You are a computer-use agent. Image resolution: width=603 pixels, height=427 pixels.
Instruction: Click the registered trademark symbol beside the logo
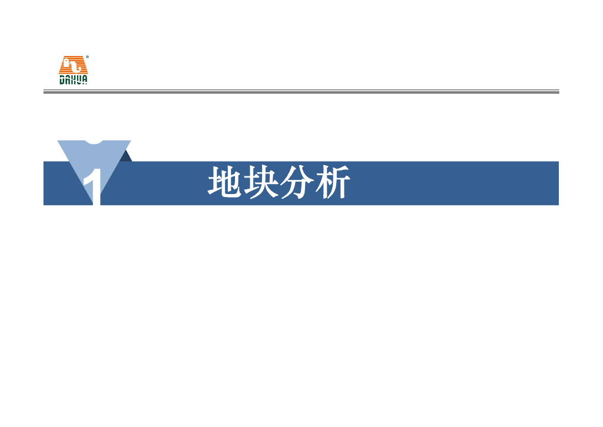point(87,57)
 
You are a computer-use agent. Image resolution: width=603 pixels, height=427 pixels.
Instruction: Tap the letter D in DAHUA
point(62,81)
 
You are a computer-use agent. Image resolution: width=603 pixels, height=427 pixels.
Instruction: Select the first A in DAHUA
point(68,81)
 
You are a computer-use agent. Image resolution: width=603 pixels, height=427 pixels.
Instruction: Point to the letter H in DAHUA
point(74,81)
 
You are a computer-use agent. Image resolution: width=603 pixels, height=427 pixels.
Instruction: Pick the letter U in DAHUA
point(79,81)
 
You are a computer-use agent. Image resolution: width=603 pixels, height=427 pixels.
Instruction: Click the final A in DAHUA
point(85,81)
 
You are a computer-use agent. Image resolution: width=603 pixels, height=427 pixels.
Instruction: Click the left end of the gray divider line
point(45,91)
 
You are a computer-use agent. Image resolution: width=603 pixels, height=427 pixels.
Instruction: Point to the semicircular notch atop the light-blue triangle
point(94,142)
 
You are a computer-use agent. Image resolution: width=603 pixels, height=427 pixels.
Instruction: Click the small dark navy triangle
point(126,156)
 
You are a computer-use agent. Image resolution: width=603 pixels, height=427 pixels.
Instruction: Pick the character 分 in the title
point(297,183)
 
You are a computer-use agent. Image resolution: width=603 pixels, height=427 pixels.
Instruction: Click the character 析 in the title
point(333,183)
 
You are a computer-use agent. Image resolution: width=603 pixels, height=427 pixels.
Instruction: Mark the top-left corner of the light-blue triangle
point(58,142)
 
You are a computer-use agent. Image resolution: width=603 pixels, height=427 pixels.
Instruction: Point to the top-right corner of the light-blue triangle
point(130,142)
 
